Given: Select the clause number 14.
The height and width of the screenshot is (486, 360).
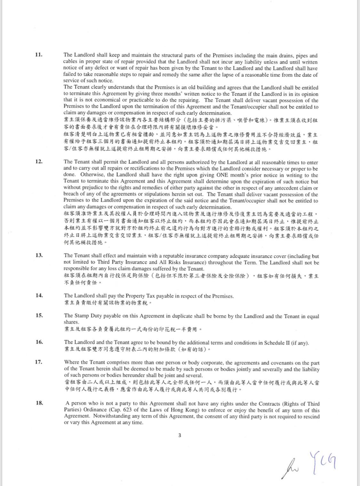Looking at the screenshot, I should click(39, 295).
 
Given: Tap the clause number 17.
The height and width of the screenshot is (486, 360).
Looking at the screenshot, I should click(39, 362).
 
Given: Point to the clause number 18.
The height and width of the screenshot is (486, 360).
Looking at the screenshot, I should click(39, 403).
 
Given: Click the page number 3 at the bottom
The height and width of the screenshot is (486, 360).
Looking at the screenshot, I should click(180, 435).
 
